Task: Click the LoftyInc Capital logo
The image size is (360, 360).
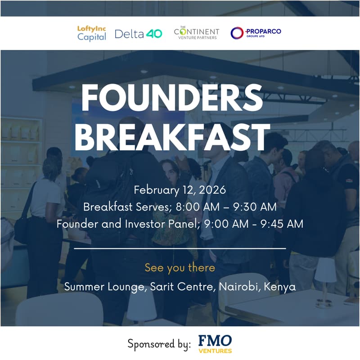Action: pyautogui.click(x=91, y=33)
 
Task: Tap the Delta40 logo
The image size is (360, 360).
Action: pyautogui.click(x=138, y=34)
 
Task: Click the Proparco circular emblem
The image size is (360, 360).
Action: pyautogui.click(x=237, y=33)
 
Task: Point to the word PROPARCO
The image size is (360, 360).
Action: pyautogui.click(x=263, y=31)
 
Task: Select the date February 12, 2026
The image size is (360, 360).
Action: pyautogui.click(x=180, y=190)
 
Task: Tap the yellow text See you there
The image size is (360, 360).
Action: pyautogui.click(x=180, y=268)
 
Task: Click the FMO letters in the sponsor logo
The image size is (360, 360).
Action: pyautogui.click(x=215, y=340)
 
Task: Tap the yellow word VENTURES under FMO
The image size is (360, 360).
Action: pyautogui.click(x=215, y=351)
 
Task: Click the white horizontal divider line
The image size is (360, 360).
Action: pyautogui.click(x=180, y=248)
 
